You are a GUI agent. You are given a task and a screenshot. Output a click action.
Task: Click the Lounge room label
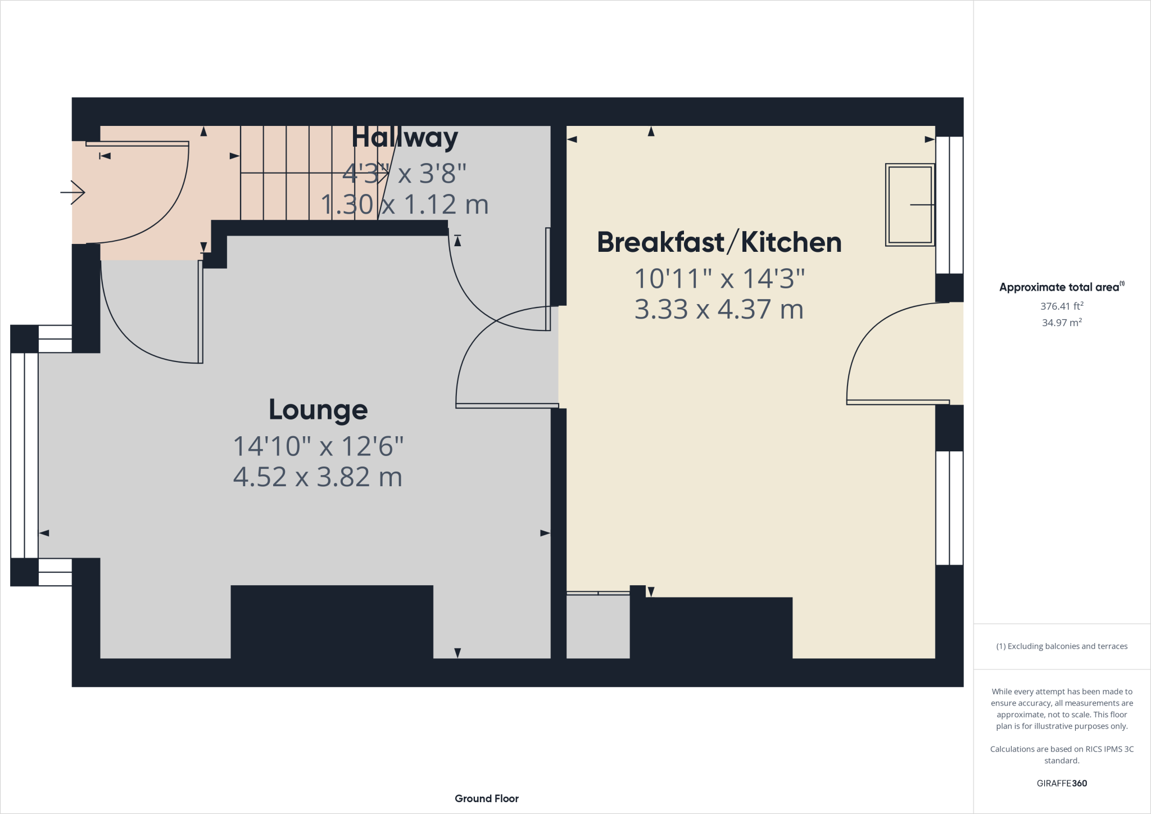coord(318,410)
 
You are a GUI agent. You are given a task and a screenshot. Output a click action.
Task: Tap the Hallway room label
coord(405,138)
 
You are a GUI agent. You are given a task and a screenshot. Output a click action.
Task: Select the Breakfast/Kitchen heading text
coord(719,242)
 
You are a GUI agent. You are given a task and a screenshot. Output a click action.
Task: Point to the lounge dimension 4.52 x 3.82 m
coord(318,477)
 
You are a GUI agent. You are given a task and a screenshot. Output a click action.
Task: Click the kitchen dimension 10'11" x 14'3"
coord(719,279)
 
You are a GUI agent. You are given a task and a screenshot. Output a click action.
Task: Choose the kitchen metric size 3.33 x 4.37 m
coord(719,310)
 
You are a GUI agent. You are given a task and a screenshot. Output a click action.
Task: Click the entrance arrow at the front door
coord(73,192)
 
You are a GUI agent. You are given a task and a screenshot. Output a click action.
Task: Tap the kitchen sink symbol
coord(909,205)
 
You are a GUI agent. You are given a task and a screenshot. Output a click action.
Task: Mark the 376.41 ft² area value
coord(1062,306)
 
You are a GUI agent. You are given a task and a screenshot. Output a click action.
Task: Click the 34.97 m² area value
coord(1062,323)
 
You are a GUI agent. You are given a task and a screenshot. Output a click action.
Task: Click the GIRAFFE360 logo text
coord(1062,783)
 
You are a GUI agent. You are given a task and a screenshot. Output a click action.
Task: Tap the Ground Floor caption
coord(487,798)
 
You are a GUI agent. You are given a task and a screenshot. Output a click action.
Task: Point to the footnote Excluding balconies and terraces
coord(1062,646)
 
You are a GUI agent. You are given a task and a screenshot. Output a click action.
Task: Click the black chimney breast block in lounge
coord(332,621)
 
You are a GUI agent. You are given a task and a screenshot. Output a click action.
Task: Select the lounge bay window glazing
coord(24,455)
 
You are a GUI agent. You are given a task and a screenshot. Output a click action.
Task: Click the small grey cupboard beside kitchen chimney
coord(597,626)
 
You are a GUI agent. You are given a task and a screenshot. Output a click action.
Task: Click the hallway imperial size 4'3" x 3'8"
coord(405,173)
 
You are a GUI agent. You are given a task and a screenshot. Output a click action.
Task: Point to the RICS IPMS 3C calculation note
coord(1062,754)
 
